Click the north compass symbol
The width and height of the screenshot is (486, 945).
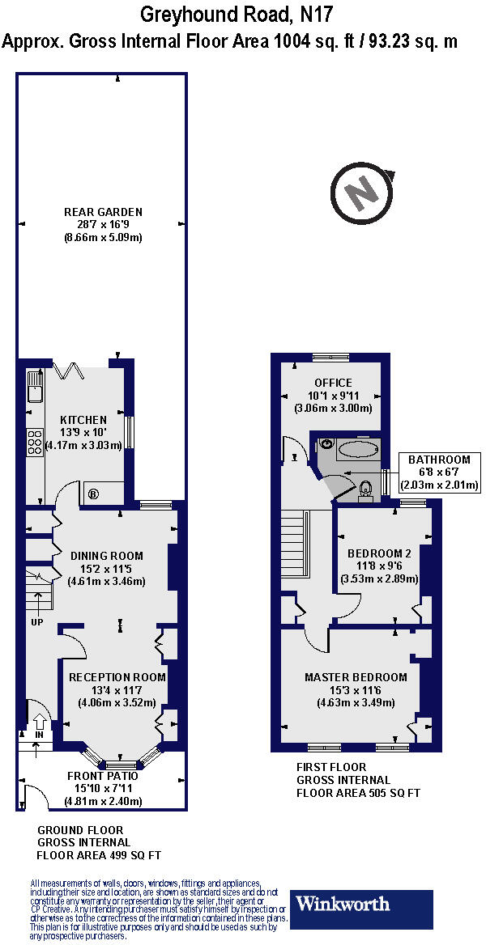coord(364,193)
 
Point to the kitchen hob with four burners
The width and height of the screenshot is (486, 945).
coord(35,443)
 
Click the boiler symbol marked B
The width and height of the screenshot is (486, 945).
coord(92,493)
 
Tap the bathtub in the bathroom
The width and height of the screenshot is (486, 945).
coord(357,449)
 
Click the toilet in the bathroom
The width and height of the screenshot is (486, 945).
coord(366,489)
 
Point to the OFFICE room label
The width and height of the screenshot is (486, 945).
coord(333,383)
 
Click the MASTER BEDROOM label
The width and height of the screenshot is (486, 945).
coord(356,676)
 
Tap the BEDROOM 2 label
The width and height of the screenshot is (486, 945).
coord(380,553)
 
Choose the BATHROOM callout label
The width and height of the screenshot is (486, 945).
coord(438,460)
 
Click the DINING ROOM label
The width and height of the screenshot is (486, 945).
coord(106,556)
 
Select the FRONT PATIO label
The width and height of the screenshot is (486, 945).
coord(102,775)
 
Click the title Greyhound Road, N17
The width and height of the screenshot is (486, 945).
coord(236,14)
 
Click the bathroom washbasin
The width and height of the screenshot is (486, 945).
coord(326,444)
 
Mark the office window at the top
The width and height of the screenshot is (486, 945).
coord(330,357)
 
